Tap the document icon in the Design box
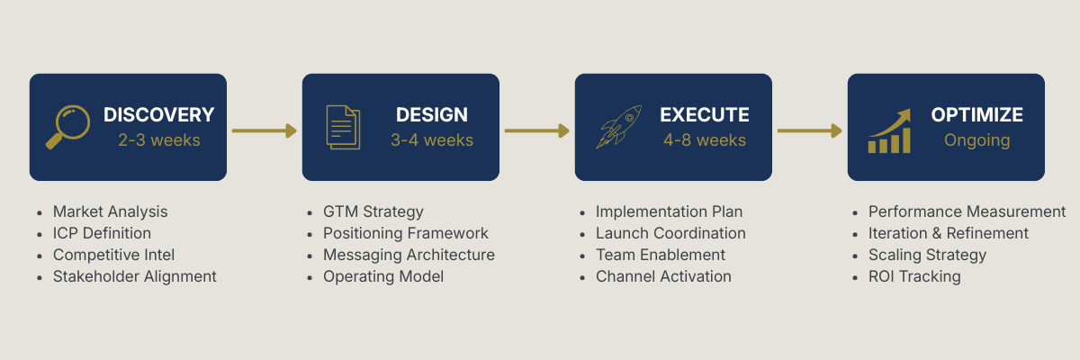click(x=342, y=127)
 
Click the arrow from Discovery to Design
click(x=264, y=130)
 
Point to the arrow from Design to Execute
click(x=536, y=130)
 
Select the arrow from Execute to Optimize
click(x=809, y=130)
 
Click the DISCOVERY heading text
click(x=158, y=115)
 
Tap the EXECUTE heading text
click(x=704, y=115)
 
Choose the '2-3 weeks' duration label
click(x=158, y=140)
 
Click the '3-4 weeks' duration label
click(x=431, y=140)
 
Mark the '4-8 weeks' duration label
click(x=704, y=140)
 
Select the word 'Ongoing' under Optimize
click(x=976, y=140)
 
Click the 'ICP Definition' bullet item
click(x=102, y=233)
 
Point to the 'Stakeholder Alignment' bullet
click(x=134, y=276)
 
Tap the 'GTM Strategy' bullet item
click(x=373, y=211)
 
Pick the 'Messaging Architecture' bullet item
click(x=409, y=255)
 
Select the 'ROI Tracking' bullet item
click(x=913, y=276)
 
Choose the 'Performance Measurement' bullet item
click(x=967, y=211)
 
